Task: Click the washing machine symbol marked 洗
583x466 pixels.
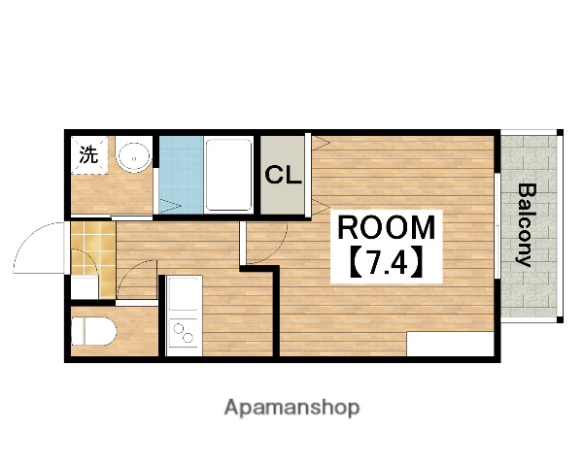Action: pos(88,154)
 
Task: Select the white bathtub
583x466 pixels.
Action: pos(230,174)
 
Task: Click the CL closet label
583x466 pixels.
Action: pos(284,176)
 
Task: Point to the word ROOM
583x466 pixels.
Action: pos(387,228)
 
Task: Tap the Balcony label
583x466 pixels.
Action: pos(526,224)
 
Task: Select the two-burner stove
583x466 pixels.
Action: pos(181,331)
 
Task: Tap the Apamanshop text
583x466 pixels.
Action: pos(291,407)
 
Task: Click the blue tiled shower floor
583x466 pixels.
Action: pos(181,174)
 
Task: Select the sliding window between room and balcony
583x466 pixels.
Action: pos(497,224)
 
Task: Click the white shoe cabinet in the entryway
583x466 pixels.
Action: pos(86,285)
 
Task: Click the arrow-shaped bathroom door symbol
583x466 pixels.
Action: pos(167,205)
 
